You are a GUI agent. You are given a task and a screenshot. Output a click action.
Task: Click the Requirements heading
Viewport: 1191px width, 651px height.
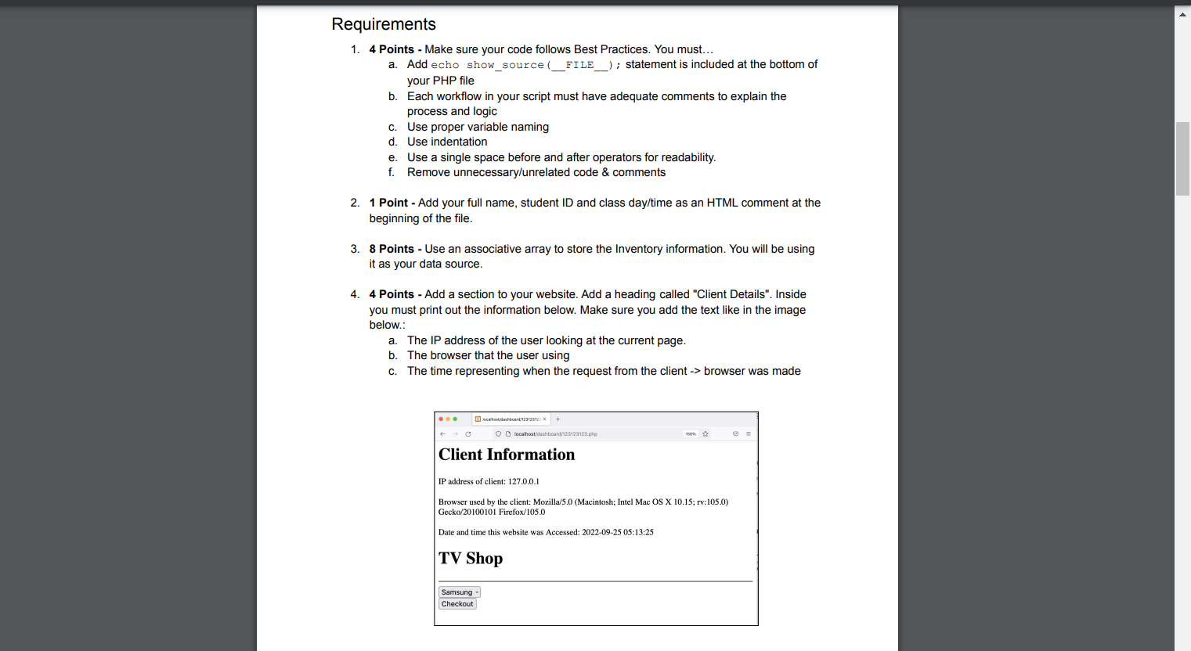(x=384, y=24)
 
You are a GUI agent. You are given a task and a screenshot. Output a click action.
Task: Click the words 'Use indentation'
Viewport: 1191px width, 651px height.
(x=447, y=142)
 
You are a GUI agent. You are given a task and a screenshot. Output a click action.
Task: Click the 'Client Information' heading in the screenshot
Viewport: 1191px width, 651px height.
(x=507, y=455)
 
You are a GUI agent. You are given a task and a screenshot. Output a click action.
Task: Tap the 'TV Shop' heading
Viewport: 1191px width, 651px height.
(x=471, y=559)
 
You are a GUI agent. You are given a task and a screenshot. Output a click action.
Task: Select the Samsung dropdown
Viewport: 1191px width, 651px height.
(x=459, y=592)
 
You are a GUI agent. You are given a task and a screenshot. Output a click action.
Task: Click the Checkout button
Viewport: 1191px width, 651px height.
(x=457, y=604)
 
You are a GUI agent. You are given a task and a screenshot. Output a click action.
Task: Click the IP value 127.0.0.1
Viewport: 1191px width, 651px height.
(x=524, y=482)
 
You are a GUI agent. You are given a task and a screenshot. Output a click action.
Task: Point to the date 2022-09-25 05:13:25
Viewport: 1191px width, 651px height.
(x=617, y=532)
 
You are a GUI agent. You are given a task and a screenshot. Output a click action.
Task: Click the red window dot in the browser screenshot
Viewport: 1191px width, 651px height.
(x=441, y=419)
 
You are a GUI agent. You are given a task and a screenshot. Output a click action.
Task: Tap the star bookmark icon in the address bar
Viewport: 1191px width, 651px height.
(x=706, y=433)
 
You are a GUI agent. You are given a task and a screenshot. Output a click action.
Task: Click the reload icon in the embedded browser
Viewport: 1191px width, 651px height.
(x=468, y=433)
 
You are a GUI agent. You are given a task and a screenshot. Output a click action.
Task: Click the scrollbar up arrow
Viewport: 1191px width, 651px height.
(x=1182, y=13)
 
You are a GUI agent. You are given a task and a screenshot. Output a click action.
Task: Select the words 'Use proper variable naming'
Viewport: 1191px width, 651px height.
(x=478, y=127)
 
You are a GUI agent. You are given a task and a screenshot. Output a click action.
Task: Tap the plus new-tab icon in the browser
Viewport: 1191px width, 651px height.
(x=558, y=419)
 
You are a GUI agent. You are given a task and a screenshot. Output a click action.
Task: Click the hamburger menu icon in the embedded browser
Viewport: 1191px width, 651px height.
(x=748, y=433)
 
